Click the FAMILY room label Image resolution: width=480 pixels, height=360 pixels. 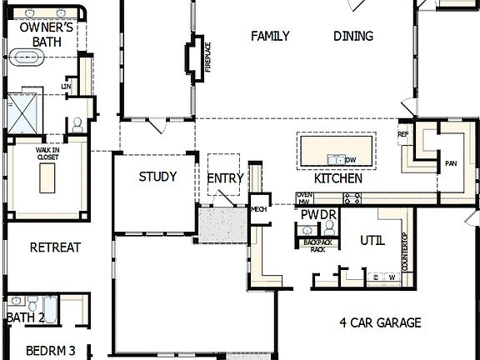tap(271, 36)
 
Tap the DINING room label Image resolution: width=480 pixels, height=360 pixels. tap(353, 36)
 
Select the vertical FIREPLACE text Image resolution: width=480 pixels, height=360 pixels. tap(208, 57)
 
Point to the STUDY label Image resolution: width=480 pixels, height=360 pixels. tap(157, 177)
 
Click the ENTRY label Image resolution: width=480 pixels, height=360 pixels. tap(226, 178)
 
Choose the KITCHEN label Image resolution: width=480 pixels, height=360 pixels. tap(337, 178)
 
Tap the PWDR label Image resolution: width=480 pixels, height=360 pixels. tap(318, 215)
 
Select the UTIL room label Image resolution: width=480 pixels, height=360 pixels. tap(372, 241)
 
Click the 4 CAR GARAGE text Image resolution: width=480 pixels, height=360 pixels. tap(380, 322)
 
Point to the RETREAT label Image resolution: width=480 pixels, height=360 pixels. tap(55, 247)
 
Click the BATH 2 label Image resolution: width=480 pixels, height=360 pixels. tap(25, 317)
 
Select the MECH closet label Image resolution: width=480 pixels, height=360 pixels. tap(258, 209)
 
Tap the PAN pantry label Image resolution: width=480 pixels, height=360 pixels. tap(451, 163)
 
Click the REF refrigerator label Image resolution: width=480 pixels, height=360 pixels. tap(403, 134)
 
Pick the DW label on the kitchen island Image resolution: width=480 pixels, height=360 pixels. tap(351, 160)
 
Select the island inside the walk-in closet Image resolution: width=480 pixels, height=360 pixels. tap(47, 177)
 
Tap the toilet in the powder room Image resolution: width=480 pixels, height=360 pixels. tap(328, 227)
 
